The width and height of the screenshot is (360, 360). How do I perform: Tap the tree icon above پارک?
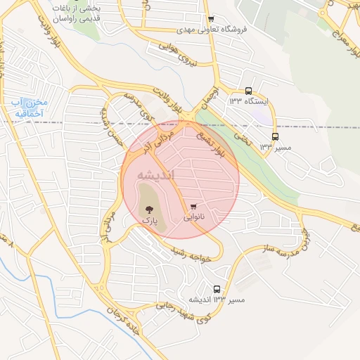click(x=148, y=209)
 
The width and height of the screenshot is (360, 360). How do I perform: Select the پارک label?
click(x=150, y=220)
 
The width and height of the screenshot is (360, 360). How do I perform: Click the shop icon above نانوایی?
click(x=193, y=207)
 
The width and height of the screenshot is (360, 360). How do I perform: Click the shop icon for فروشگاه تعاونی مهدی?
click(x=211, y=19)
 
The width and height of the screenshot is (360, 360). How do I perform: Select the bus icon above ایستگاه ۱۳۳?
click(x=248, y=91)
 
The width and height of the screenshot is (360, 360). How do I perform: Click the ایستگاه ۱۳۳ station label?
click(x=249, y=102)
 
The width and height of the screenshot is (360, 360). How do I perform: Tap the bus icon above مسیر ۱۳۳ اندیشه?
click(x=217, y=289)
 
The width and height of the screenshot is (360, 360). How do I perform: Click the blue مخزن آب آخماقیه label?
click(x=28, y=108)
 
